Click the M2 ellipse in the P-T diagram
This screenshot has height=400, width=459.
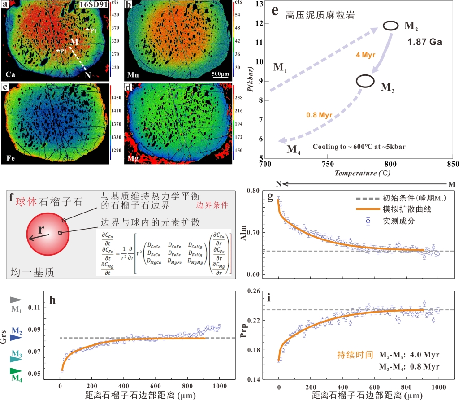click(x=390, y=26)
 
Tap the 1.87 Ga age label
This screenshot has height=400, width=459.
click(x=424, y=43)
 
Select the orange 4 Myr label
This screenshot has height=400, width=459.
click(x=366, y=55)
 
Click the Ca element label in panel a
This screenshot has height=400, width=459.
click(x=9, y=73)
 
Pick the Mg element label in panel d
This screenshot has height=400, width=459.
click(x=131, y=157)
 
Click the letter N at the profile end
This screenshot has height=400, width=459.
click(x=87, y=75)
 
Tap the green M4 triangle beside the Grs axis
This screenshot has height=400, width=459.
click(x=17, y=370)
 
